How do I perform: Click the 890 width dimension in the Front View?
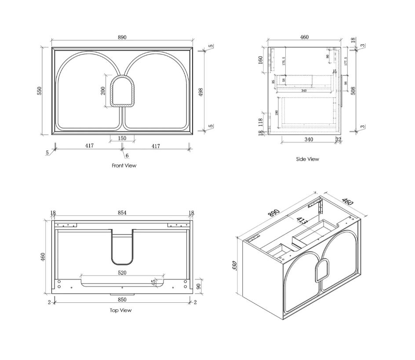click(122, 37)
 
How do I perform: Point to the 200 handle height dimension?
click(103, 91)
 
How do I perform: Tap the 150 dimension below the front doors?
click(122, 139)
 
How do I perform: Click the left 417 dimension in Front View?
click(89, 146)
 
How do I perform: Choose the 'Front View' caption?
click(124, 165)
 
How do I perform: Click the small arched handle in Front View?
click(123, 91)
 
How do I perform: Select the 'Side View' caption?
click(307, 159)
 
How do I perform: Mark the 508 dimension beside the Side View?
click(353, 91)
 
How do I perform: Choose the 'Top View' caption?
click(120, 310)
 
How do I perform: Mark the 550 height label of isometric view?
click(235, 266)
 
